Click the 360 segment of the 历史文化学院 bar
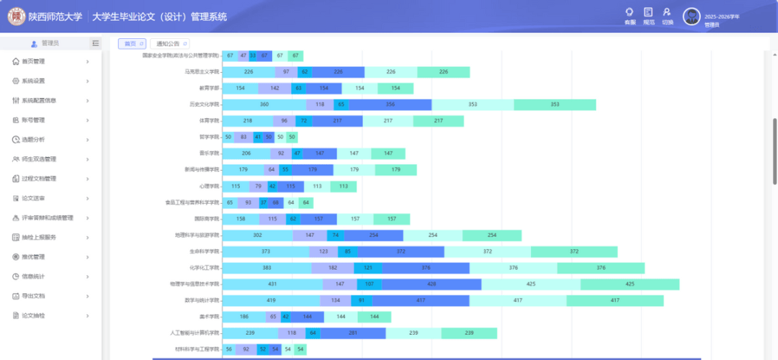[264, 104]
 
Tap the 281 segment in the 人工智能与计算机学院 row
[353, 333]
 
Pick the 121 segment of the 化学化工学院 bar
[367, 268]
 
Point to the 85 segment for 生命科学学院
[348, 251]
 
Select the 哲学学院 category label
[209, 137]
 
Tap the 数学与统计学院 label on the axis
[201, 300]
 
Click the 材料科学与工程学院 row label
[197, 349]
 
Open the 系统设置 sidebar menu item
[33, 81]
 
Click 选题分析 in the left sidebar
[33, 140]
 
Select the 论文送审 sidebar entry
[33, 198]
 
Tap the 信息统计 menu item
[33, 276]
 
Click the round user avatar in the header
[692, 17]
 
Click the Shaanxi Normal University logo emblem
[16, 16]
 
